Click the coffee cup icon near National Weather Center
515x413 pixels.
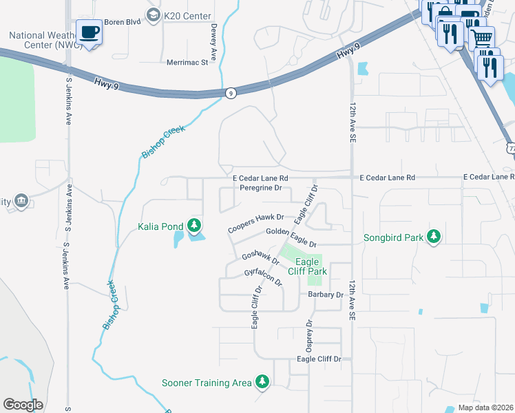click(x=90, y=32)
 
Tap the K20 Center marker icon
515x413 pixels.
click(x=153, y=14)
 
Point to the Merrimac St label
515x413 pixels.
click(x=187, y=63)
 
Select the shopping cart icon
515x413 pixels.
click(x=481, y=36)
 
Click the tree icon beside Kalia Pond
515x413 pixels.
click(x=195, y=225)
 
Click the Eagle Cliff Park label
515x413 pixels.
click(x=307, y=266)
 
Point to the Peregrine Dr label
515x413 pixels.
click(x=261, y=187)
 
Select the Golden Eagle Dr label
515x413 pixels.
click(x=291, y=238)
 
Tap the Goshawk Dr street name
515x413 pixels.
click(x=260, y=259)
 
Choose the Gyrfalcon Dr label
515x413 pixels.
click(x=264, y=278)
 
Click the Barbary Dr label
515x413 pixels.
click(x=326, y=295)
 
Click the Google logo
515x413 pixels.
click(x=23, y=404)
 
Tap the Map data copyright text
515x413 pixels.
click(x=485, y=407)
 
